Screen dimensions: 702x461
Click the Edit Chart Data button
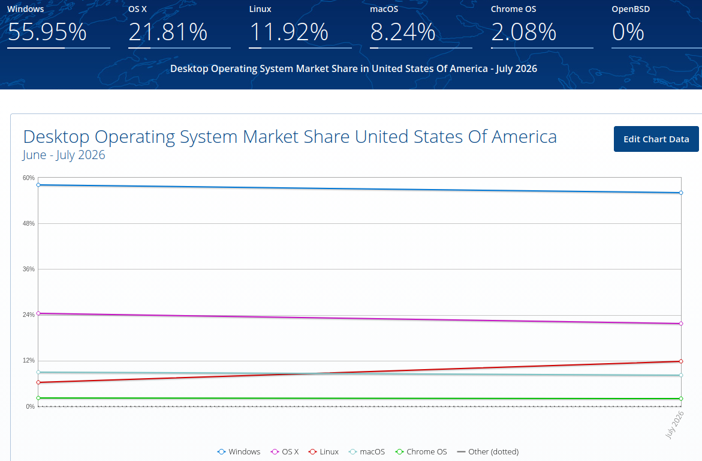[x=656, y=139]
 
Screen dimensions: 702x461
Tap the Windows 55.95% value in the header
[x=47, y=32]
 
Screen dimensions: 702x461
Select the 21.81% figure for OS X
[x=168, y=32]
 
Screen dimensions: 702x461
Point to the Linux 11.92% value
[x=289, y=32]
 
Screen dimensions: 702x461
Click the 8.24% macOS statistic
[x=402, y=32]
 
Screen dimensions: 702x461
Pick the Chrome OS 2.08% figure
[x=524, y=32]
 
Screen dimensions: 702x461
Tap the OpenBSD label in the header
[x=631, y=9]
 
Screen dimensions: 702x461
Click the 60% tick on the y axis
[x=29, y=178]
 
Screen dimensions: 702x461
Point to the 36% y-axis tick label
[x=29, y=269]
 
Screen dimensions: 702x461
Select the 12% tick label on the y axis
[x=29, y=361]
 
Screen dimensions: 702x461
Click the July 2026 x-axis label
[x=674, y=424]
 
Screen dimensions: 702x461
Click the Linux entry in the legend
[x=324, y=451]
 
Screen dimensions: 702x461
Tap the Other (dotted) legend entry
[x=487, y=451]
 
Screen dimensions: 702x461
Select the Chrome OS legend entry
[x=421, y=451]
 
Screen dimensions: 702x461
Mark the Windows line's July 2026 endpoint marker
[x=681, y=193]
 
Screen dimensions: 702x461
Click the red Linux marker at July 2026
[x=681, y=361]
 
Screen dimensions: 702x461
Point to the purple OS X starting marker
[x=38, y=313]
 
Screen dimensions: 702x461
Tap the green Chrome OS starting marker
[x=38, y=398]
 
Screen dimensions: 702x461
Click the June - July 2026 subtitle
[x=64, y=155]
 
